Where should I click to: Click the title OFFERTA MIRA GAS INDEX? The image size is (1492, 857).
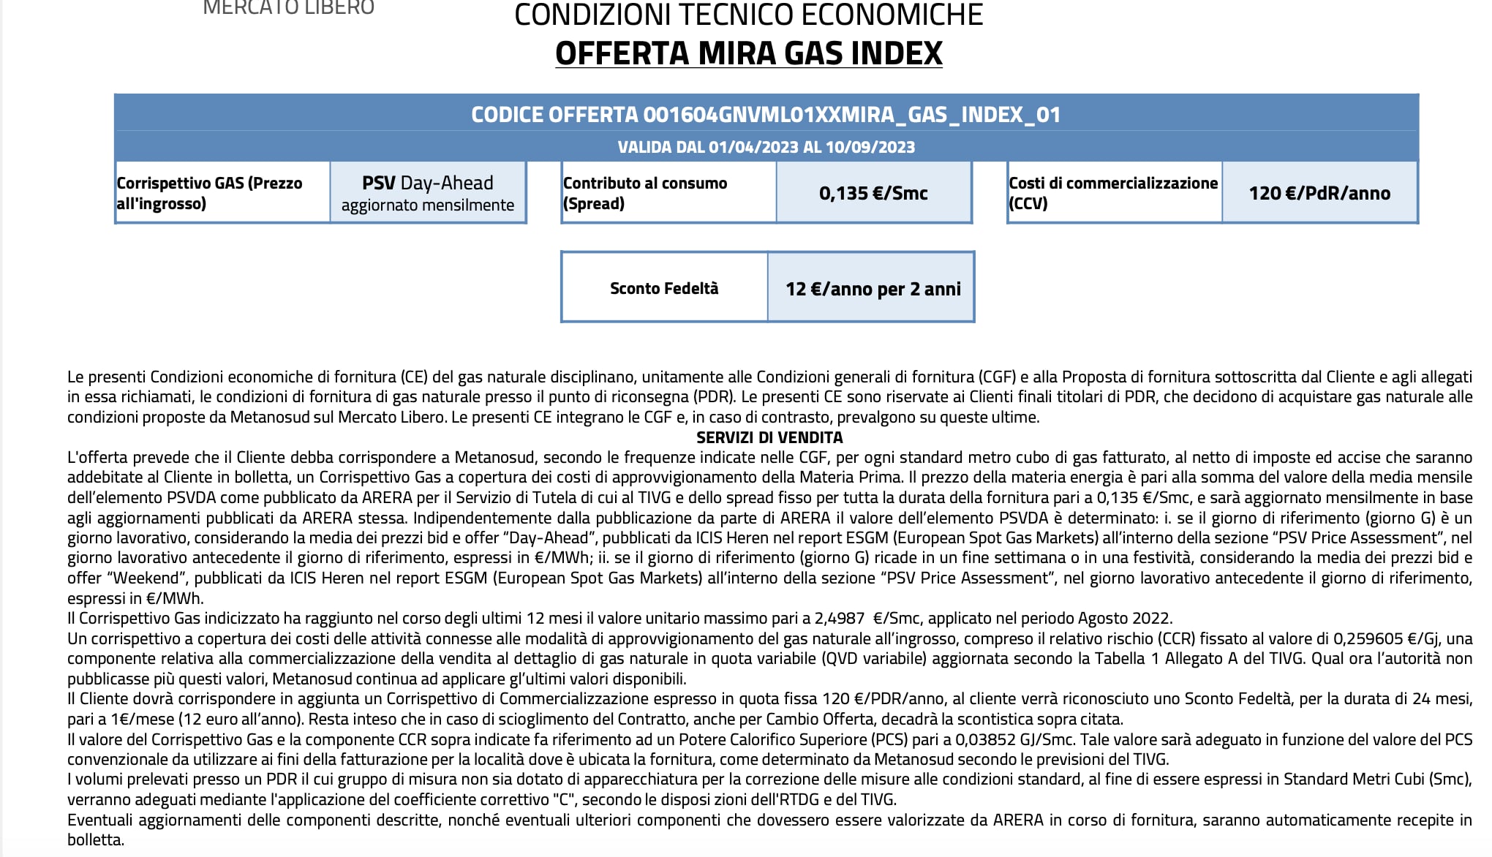tap(748, 53)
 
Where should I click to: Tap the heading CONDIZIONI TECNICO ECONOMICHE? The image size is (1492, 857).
tap(748, 15)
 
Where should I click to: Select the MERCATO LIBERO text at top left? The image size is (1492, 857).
tap(288, 8)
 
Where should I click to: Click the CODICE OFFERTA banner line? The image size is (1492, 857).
tap(766, 114)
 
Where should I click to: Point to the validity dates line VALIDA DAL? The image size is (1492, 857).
tap(766, 147)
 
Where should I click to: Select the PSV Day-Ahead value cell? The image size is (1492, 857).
tap(428, 193)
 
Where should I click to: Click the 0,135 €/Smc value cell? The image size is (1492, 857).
tap(873, 193)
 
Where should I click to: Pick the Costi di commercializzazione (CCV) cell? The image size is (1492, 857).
tap(1113, 193)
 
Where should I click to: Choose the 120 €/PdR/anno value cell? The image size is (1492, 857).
tap(1319, 193)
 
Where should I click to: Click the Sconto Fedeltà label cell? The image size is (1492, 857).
tap(664, 288)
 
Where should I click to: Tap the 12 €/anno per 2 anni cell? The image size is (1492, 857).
tap(873, 289)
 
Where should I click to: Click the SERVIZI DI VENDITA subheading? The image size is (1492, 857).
tap(769, 437)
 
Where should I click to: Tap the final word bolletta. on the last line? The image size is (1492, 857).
tap(96, 839)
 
